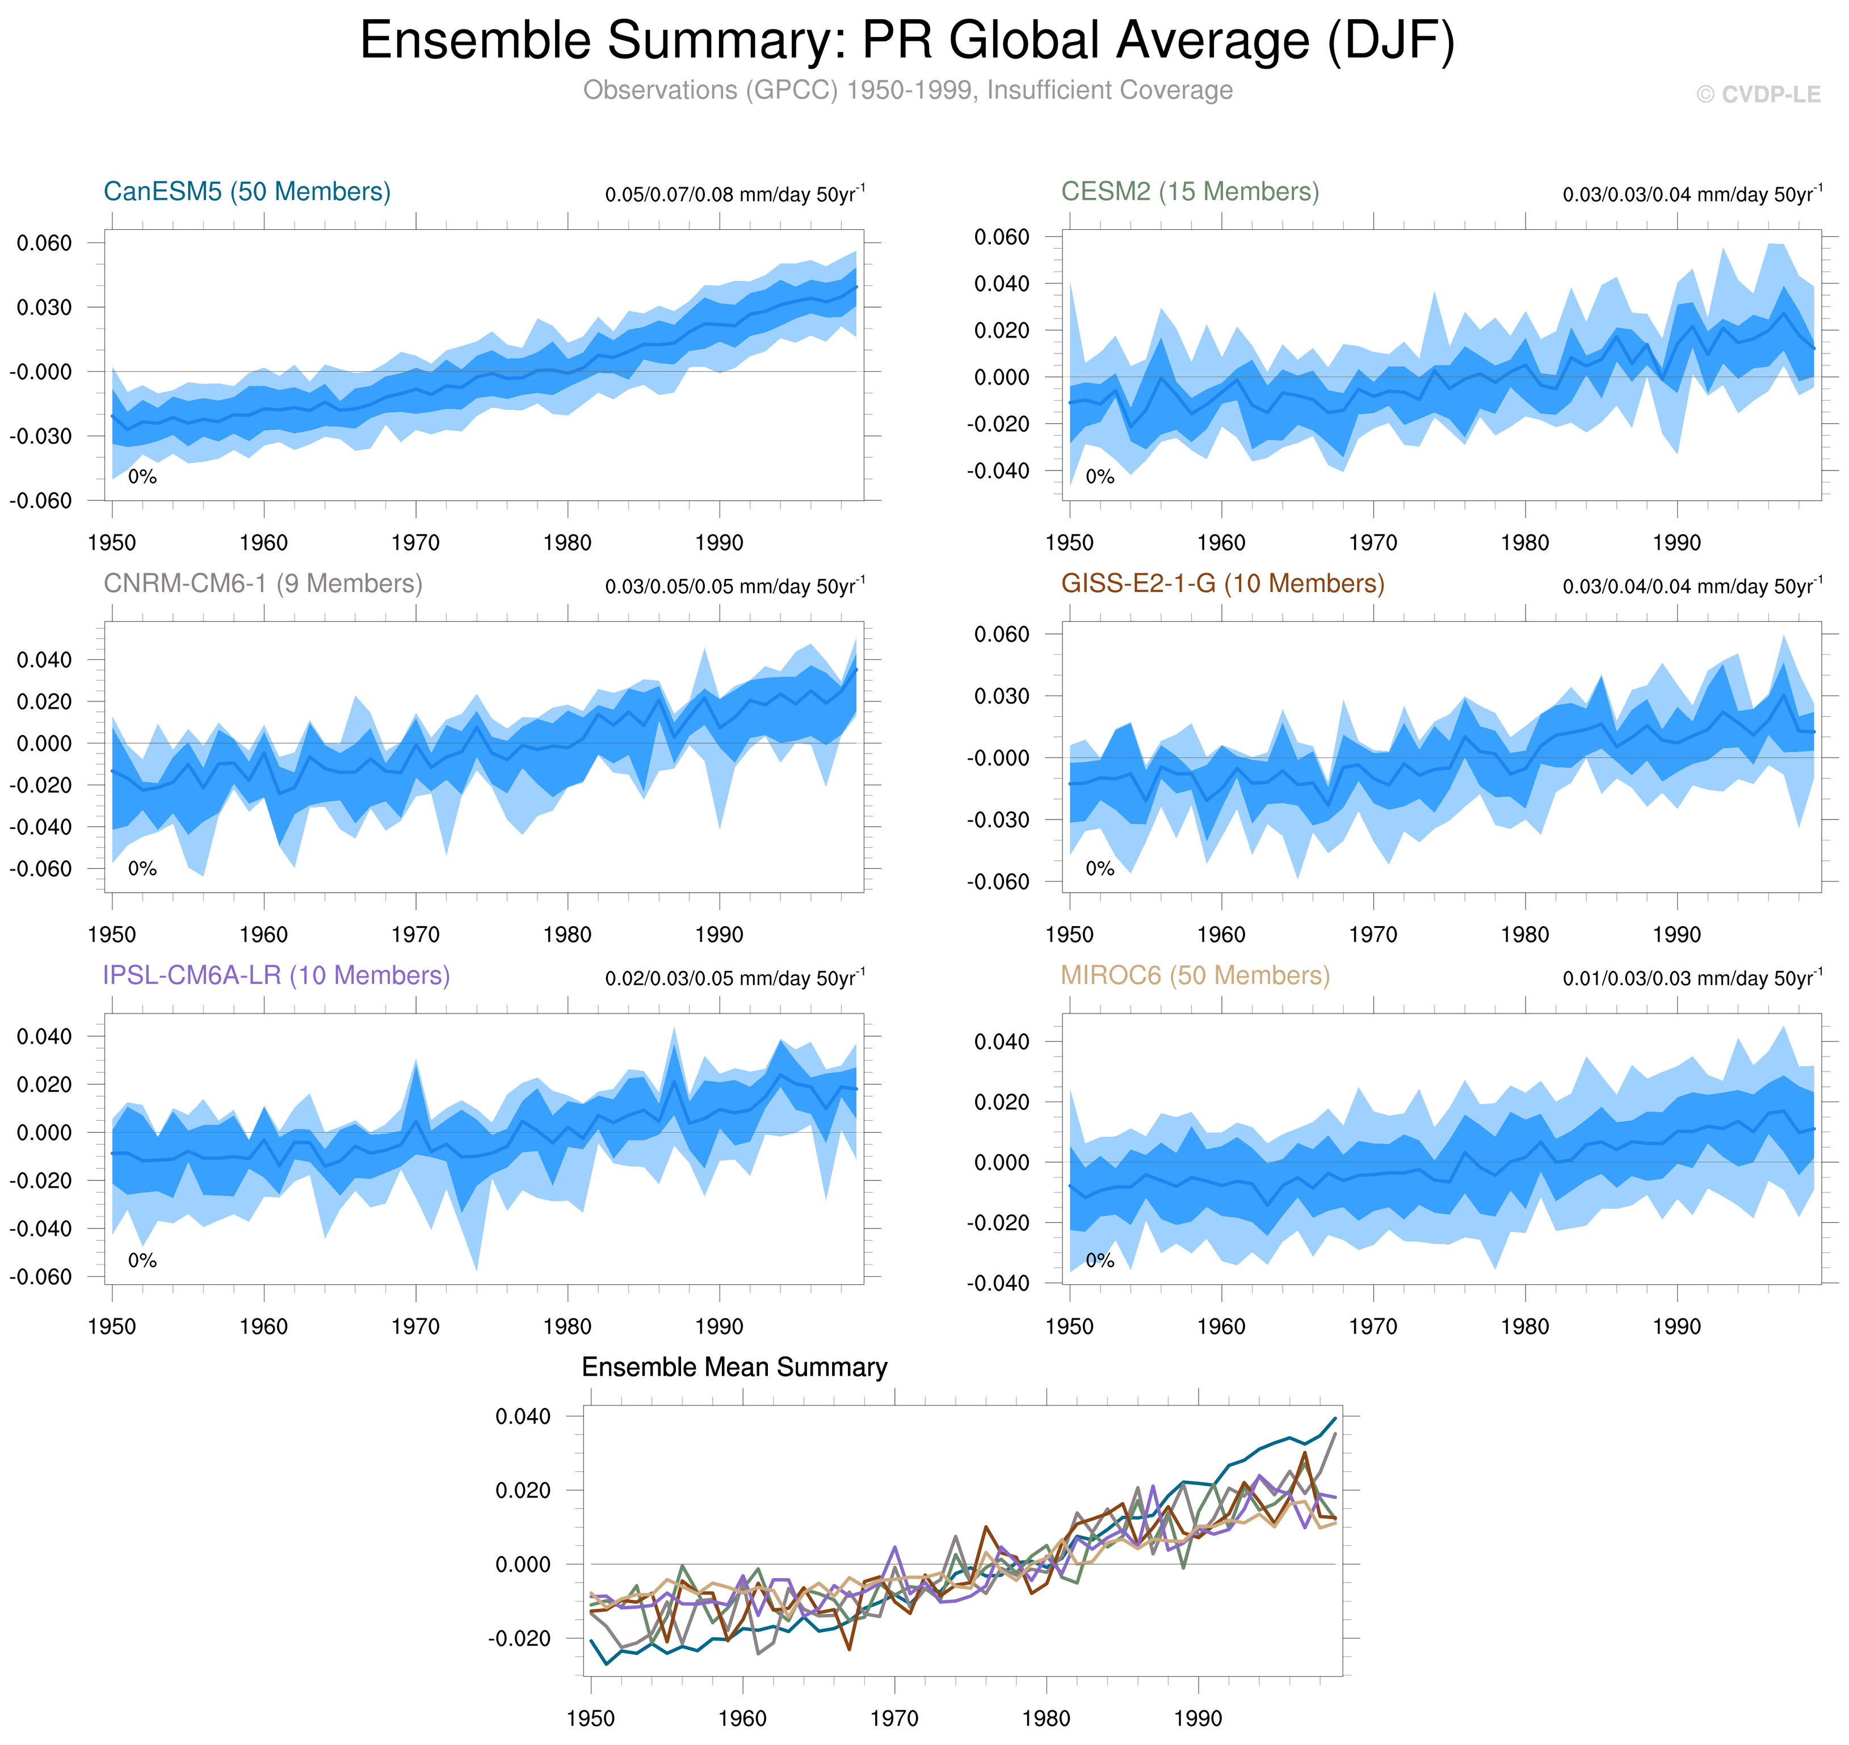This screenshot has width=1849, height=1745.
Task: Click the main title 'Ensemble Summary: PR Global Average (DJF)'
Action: tap(907, 41)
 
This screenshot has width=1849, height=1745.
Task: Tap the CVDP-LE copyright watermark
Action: tap(1758, 95)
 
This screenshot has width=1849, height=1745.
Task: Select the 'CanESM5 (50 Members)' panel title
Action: tap(246, 192)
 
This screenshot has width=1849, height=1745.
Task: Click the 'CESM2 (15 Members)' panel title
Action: tap(1190, 192)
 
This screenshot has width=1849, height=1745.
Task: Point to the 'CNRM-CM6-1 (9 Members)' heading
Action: tap(262, 583)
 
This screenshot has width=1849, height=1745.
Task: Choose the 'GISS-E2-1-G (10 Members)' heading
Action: tap(1222, 583)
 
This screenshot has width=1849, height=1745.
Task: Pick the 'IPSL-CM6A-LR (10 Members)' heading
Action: tap(276, 975)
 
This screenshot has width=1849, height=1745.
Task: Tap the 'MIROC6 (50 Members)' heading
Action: tap(1195, 975)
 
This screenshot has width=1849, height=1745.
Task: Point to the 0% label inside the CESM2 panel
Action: tap(1099, 477)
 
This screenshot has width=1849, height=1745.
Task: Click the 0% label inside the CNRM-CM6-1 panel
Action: tap(142, 869)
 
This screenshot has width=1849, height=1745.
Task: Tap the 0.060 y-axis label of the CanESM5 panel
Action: tap(44, 243)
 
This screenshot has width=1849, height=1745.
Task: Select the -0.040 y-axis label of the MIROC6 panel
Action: tap(998, 1284)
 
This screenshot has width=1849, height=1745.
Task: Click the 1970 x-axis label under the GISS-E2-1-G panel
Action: tap(1373, 934)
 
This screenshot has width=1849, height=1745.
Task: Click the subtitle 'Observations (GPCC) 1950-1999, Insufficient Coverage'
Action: tap(907, 90)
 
